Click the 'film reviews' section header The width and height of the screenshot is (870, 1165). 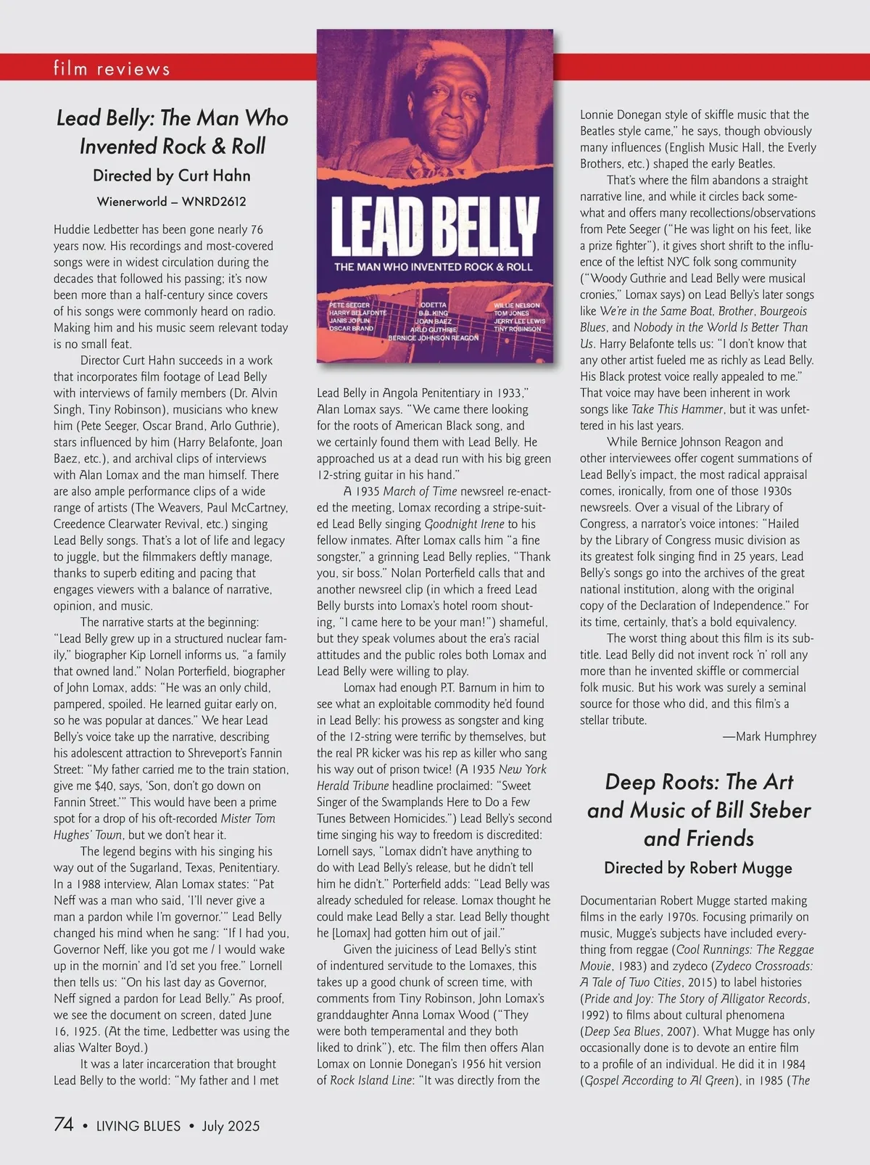coord(112,69)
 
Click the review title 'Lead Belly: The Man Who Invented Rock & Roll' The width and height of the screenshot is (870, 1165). coord(173,132)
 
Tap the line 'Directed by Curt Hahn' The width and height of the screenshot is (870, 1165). coord(172,176)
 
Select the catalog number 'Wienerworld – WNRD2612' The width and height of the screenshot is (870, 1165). coord(172,202)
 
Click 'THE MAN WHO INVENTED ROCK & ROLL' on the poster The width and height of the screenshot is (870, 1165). coord(434,267)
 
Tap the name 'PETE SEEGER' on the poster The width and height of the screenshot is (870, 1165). coord(349,305)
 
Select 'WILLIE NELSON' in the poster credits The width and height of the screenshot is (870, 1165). coord(517,305)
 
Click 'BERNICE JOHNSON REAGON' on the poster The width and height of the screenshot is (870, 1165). coord(434,338)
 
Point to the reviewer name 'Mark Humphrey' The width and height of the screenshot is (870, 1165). coord(770,736)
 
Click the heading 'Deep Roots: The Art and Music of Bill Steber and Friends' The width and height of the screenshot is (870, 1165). coord(699,810)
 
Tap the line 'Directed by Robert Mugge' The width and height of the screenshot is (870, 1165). coord(698,868)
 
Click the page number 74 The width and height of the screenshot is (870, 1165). coord(64,1124)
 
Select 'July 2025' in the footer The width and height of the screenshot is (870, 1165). coord(231,1126)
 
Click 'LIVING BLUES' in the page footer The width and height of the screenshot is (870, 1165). coord(138,1126)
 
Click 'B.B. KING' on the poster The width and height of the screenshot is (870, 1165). coord(434,313)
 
